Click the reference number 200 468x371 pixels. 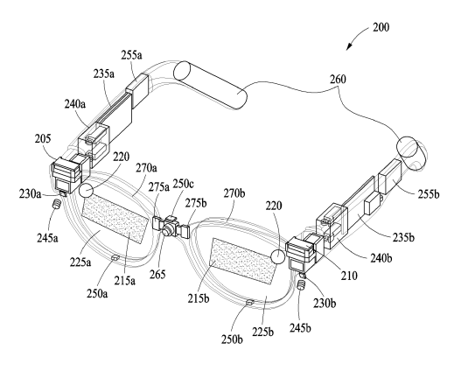(381, 27)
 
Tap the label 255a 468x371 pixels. (131, 55)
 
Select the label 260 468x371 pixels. (338, 80)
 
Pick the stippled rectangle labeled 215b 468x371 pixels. (243, 261)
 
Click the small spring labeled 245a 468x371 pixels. (57, 205)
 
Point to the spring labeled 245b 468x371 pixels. (302, 285)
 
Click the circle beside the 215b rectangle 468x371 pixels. (278, 256)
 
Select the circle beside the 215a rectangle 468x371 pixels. (87, 191)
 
